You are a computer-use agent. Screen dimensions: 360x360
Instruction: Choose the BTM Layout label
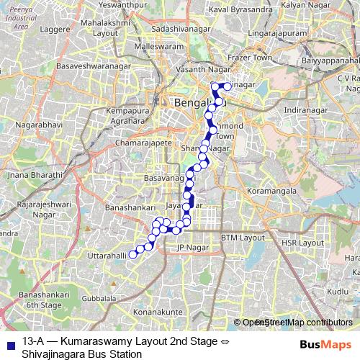coord(243,237)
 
